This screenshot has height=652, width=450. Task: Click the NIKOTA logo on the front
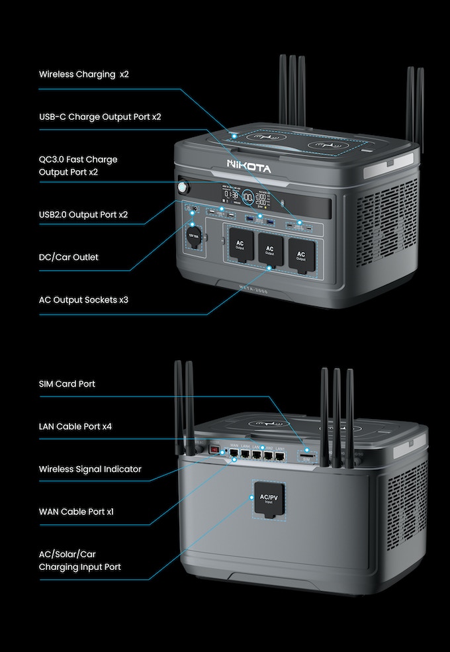click(249, 167)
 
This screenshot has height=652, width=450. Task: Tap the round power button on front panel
click(183, 188)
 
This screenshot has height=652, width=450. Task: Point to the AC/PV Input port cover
click(269, 498)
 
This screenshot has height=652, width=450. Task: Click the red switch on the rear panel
click(214, 450)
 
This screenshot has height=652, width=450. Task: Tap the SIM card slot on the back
click(307, 456)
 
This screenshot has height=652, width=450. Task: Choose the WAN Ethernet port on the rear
click(234, 453)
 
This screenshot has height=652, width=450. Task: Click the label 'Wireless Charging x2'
click(83, 74)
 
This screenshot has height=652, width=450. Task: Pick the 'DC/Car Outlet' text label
click(68, 257)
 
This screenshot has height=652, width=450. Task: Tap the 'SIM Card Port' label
click(67, 384)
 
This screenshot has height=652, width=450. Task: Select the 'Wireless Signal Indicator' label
click(90, 469)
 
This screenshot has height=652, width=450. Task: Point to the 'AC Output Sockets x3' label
click(83, 300)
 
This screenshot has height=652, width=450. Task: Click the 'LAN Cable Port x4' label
click(75, 426)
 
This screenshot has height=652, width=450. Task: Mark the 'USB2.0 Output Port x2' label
click(83, 214)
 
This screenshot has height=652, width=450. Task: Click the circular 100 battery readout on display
click(247, 196)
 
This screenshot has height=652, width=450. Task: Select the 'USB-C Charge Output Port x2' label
click(100, 116)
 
